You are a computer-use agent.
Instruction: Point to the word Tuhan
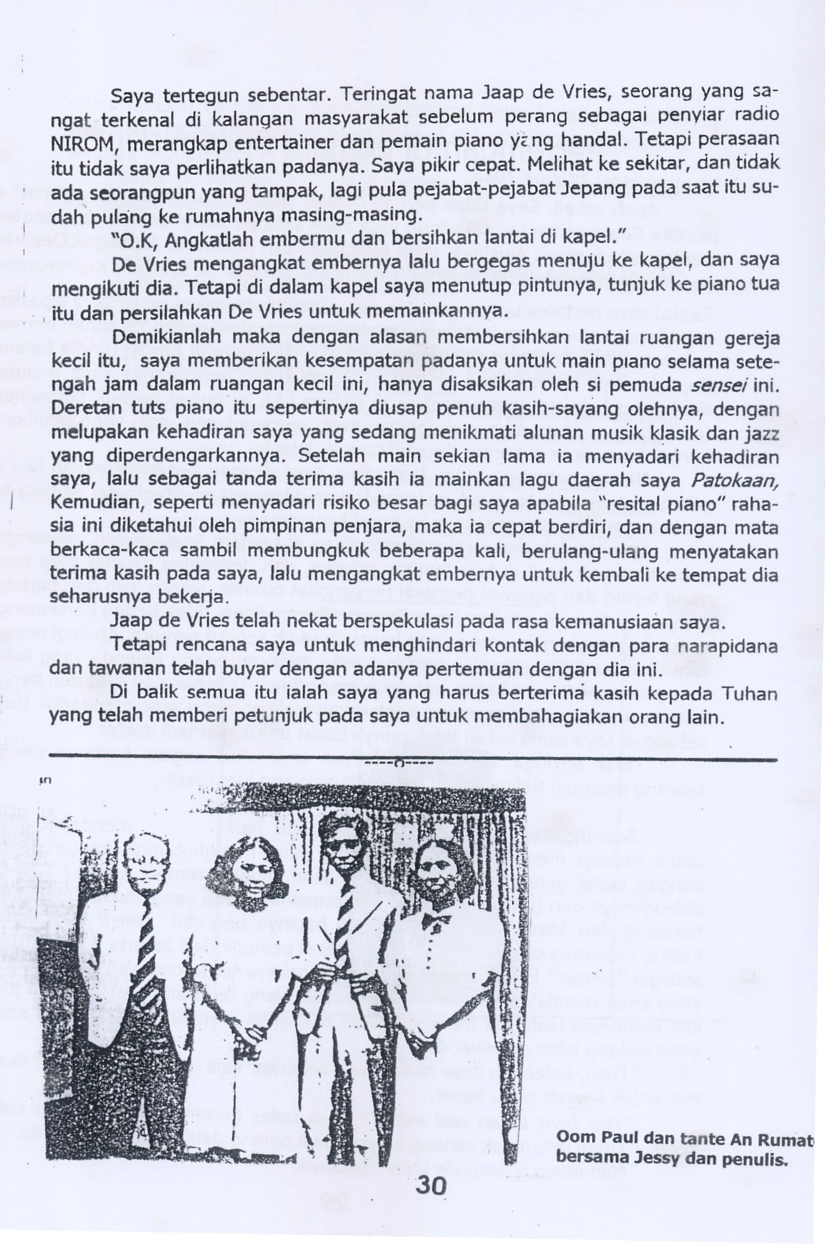click(749, 694)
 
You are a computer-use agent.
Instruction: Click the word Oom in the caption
click(571, 1137)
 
